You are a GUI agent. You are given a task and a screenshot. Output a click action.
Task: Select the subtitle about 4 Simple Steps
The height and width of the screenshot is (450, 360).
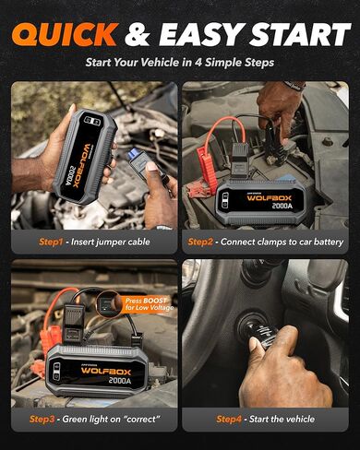(180, 63)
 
